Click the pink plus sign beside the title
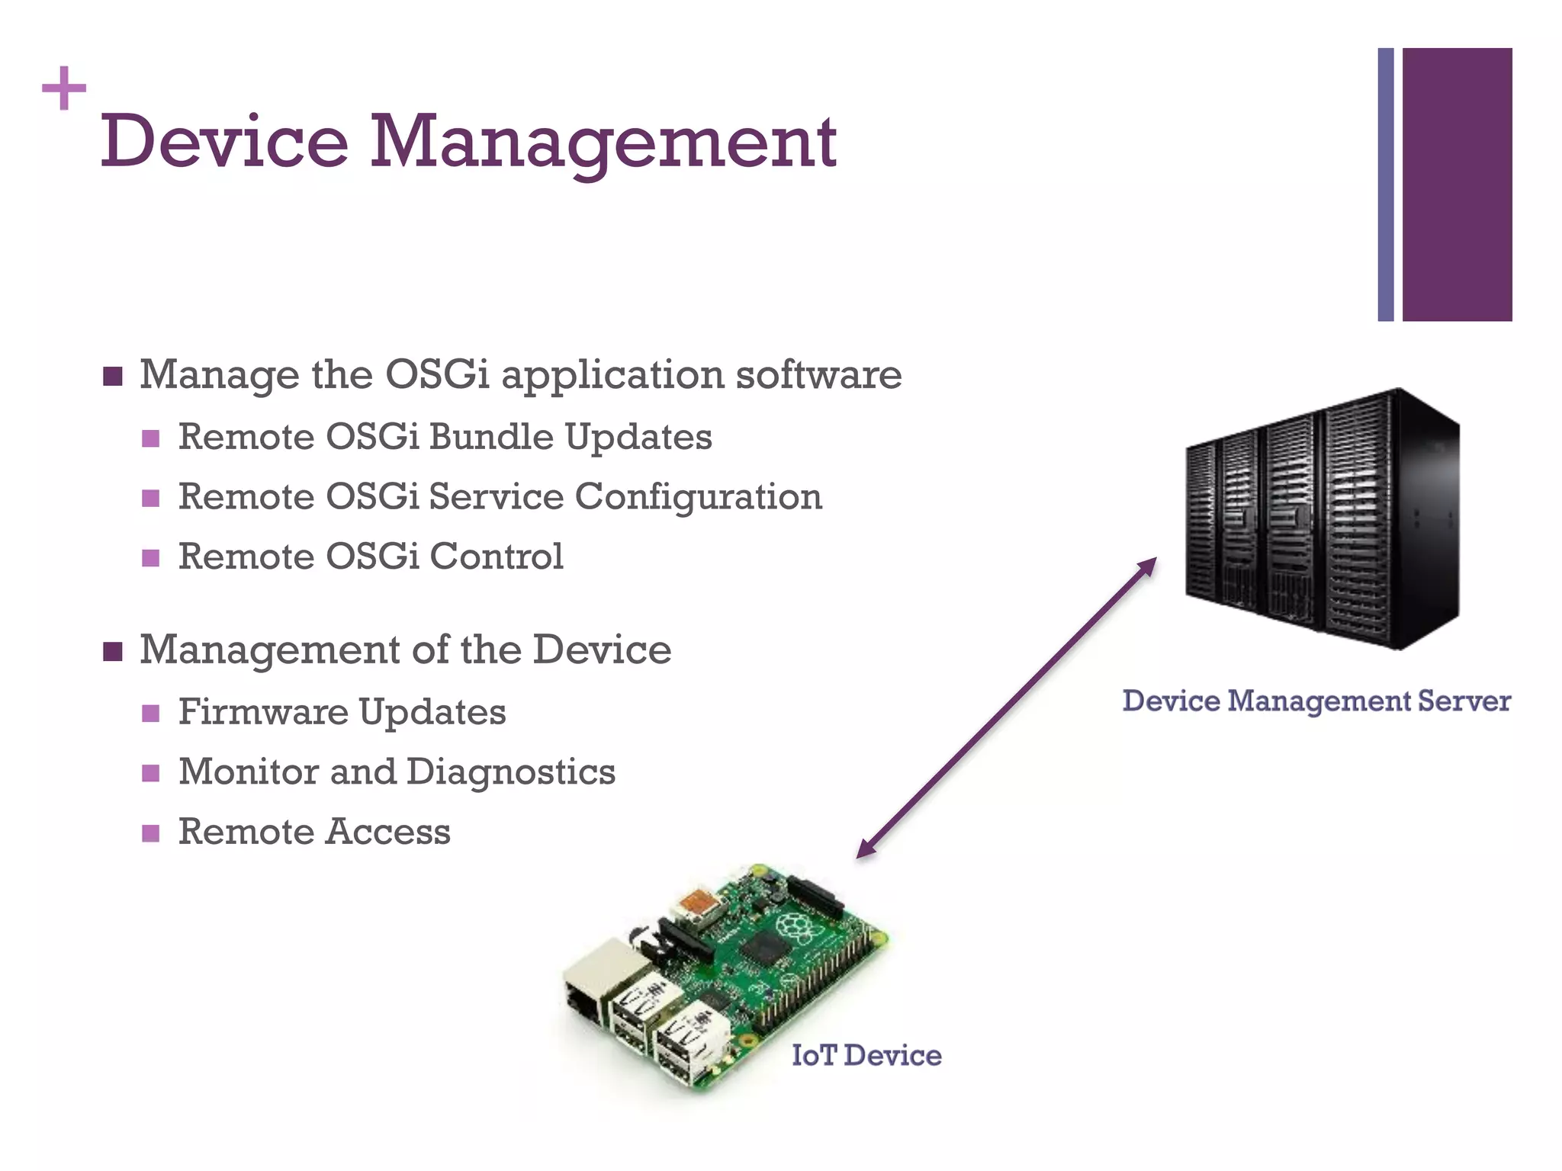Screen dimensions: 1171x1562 click(x=64, y=88)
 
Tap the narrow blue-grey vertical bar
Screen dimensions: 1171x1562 click(x=1385, y=184)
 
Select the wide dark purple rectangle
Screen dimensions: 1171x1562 click(x=1457, y=184)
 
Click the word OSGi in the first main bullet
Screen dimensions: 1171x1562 click(x=437, y=374)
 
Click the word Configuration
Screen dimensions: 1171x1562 click(x=698, y=497)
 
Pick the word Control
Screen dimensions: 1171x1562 click(x=497, y=556)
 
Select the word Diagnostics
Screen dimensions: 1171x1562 click(x=511, y=772)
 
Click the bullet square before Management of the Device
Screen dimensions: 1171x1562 click(x=113, y=651)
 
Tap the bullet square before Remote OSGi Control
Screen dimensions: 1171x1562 click(x=151, y=557)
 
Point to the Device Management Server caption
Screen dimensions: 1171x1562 click(x=1316, y=701)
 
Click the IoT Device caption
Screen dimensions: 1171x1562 click(x=866, y=1055)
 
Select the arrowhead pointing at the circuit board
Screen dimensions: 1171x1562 click(x=866, y=849)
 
